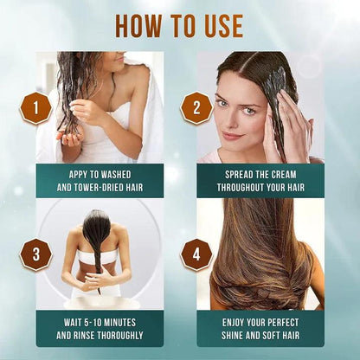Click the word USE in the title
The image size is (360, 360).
click(x=222, y=25)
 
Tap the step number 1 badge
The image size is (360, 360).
click(x=36, y=108)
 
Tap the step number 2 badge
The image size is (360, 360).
click(x=196, y=108)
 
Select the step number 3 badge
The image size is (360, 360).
click(x=35, y=255)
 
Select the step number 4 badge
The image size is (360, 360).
click(x=196, y=255)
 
